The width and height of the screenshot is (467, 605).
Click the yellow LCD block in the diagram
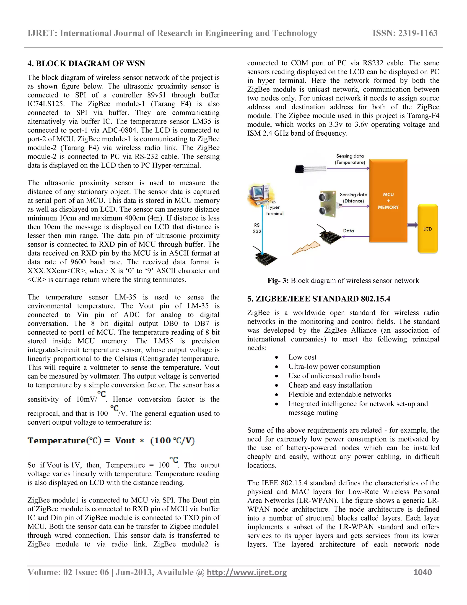[428, 229]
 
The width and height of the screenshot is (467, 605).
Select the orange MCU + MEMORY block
[388, 201]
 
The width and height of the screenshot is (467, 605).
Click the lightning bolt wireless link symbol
[306, 248]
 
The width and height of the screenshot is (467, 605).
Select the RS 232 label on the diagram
[257, 228]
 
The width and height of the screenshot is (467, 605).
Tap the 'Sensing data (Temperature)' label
[350, 159]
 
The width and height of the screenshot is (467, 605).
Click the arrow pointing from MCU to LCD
[412, 225]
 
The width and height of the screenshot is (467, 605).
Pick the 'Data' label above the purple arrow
[348, 231]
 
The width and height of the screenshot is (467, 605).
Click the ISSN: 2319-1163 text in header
[405, 33]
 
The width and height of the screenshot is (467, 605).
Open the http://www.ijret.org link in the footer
[246, 572]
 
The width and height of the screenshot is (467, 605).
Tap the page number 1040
[423, 572]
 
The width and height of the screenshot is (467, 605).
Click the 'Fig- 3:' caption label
[278, 281]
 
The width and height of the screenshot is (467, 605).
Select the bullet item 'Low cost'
[302, 357]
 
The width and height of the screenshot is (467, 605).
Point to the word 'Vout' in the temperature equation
[125, 441]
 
